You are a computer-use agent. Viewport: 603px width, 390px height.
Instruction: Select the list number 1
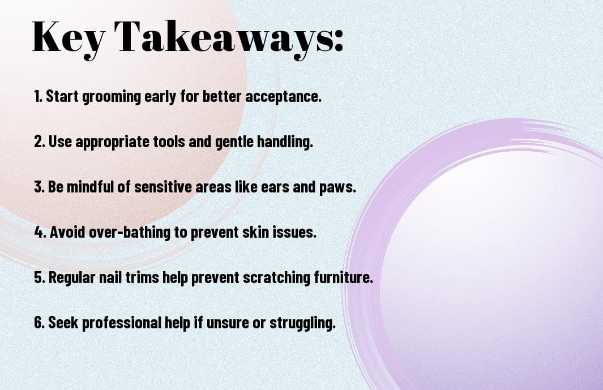[38, 96]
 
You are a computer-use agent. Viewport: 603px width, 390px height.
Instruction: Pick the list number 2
[39, 142]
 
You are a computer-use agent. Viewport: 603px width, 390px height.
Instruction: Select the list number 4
[40, 232]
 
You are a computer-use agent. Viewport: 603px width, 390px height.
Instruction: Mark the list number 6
[40, 322]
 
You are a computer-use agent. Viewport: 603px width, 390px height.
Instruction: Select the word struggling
[302, 323]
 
